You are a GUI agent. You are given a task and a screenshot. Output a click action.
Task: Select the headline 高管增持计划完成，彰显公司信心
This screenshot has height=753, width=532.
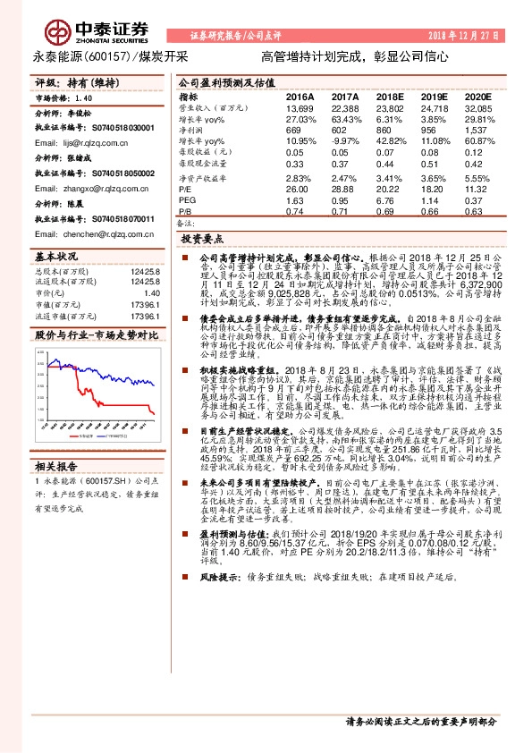click(x=355, y=55)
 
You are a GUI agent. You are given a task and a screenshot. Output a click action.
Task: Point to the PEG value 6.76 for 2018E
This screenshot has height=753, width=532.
click(x=389, y=201)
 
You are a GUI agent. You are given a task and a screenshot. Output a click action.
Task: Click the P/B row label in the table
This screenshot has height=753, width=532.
click(x=185, y=212)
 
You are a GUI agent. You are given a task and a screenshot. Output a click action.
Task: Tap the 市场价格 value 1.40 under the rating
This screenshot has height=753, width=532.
click(x=84, y=97)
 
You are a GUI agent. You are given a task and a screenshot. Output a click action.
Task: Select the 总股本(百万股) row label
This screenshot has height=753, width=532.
click(x=61, y=271)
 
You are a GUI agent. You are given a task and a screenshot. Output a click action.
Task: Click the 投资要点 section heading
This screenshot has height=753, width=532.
click(x=201, y=241)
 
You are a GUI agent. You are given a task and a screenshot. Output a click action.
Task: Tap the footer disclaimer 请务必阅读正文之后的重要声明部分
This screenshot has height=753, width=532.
click(x=420, y=721)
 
